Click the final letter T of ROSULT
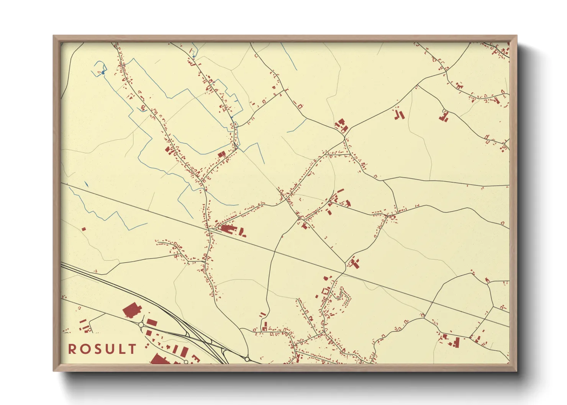pyautogui.click(x=132, y=349)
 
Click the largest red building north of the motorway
pyautogui.click(x=131, y=310)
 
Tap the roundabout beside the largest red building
pyautogui.click(x=141, y=325)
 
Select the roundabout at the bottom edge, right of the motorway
pyautogui.click(x=247, y=359)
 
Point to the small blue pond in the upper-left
pyautogui.click(x=103, y=72)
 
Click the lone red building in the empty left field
pyautogui.click(x=84, y=229)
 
